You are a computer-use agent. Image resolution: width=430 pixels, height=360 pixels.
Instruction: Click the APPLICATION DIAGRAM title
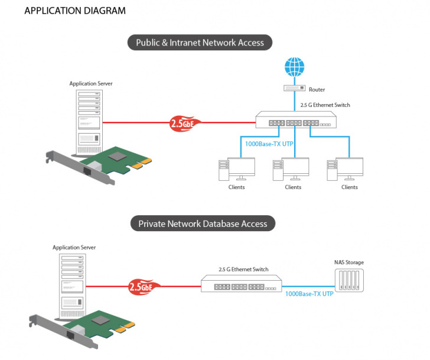(x=74, y=11)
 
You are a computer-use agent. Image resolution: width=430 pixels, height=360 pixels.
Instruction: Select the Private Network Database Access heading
(x=203, y=224)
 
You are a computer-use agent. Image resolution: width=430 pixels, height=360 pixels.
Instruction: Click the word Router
(x=317, y=90)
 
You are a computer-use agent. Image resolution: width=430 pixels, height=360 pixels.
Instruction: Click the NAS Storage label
(x=348, y=262)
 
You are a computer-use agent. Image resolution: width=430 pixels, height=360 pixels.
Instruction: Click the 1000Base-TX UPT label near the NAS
(x=309, y=294)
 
